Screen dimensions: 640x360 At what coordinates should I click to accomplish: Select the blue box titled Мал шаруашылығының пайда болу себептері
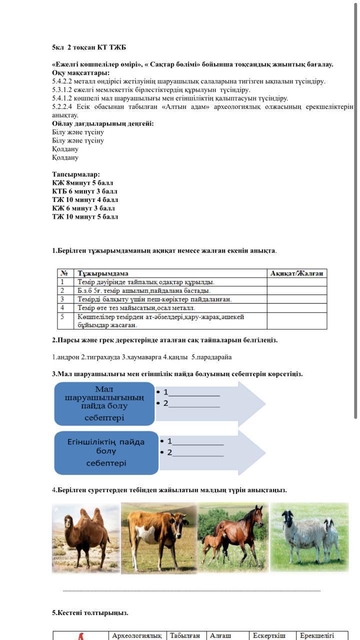104,403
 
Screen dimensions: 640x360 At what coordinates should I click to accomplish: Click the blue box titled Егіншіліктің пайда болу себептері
106,452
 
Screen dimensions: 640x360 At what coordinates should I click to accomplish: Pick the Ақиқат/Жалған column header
296,273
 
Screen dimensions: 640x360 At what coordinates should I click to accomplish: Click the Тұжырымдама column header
103,273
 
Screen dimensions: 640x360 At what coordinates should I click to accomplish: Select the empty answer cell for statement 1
296,282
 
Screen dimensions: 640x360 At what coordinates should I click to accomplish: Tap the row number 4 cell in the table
62,308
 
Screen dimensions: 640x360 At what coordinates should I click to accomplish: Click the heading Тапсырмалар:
76,174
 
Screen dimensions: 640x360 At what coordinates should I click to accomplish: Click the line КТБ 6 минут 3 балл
84,191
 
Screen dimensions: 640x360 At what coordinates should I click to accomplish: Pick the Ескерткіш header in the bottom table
269,635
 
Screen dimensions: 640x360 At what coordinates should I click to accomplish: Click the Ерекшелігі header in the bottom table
316,635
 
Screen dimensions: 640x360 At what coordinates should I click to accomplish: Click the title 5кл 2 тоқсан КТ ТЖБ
89,47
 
